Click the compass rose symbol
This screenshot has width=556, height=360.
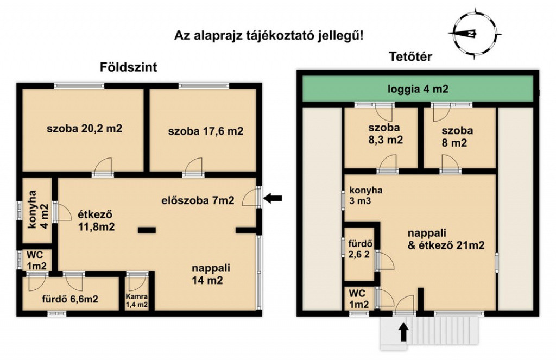[475, 34]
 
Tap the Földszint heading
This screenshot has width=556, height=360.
[128, 67]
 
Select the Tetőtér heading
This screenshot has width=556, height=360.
[410, 56]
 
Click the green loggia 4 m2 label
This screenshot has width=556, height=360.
[418, 89]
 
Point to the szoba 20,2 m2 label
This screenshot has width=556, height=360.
[84, 128]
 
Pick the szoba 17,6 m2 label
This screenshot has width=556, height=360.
[206, 131]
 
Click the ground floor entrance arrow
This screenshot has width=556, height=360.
[273, 198]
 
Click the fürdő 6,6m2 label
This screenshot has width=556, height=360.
[70, 299]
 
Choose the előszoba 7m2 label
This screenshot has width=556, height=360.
[198, 200]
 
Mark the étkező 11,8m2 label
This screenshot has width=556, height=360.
[96, 220]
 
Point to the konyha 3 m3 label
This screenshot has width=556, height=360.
[366, 195]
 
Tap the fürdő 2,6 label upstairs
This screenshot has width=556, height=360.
[360, 249]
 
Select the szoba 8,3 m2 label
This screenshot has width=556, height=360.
[385, 134]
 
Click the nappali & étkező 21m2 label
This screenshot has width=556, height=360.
[446, 239]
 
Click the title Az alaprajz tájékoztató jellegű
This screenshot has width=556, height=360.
[269, 35]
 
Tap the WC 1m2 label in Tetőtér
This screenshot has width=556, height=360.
[359, 299]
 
